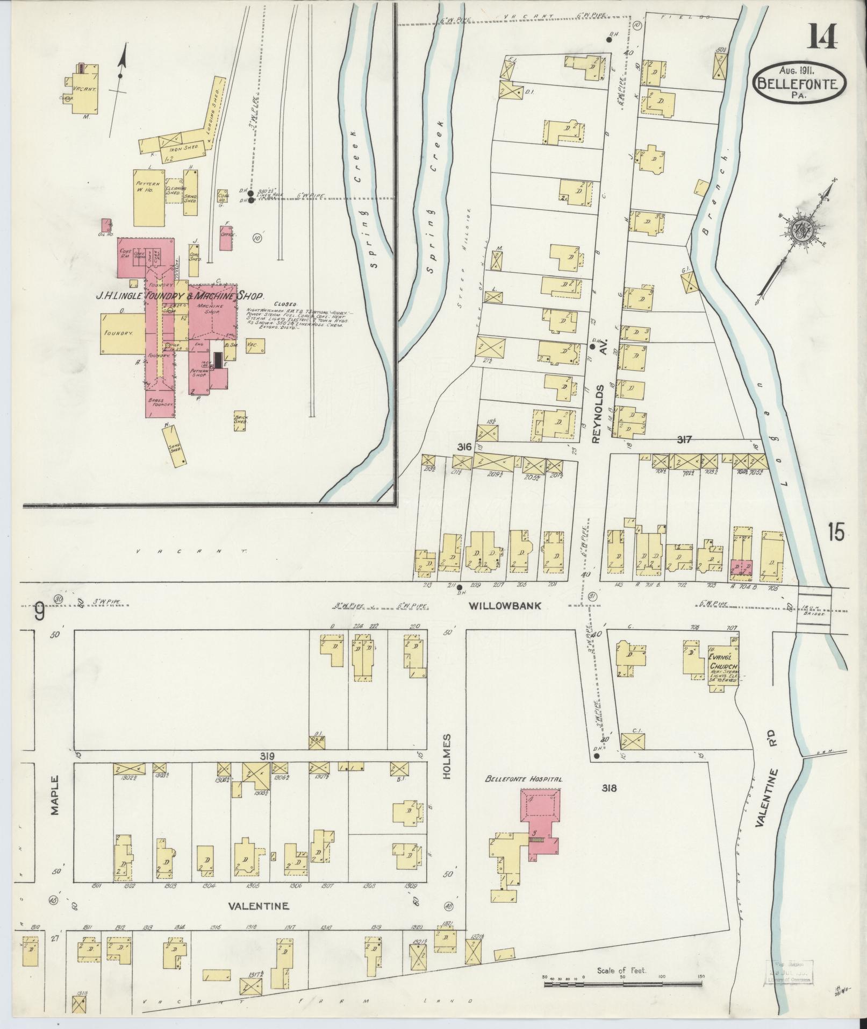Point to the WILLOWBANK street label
[x=504, y=606]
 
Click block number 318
[x=609, y=789]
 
